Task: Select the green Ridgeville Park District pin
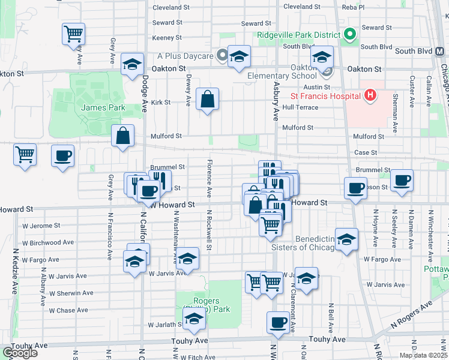tap(349, 34)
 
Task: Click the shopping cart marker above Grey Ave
tap(73, 34)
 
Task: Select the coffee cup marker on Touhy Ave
tap(279, 323)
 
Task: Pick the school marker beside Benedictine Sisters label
tap(346, 240)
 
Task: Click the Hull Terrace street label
tap(300, 107)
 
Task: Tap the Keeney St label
tap(167, 37)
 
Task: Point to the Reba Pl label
tap(353, 7)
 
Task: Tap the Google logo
tap(20, 353)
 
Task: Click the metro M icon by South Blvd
tap(438, 51)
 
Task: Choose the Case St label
tap(365, 153)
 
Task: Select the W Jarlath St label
tap(165, 325)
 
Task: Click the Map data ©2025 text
tap(423, 355)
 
